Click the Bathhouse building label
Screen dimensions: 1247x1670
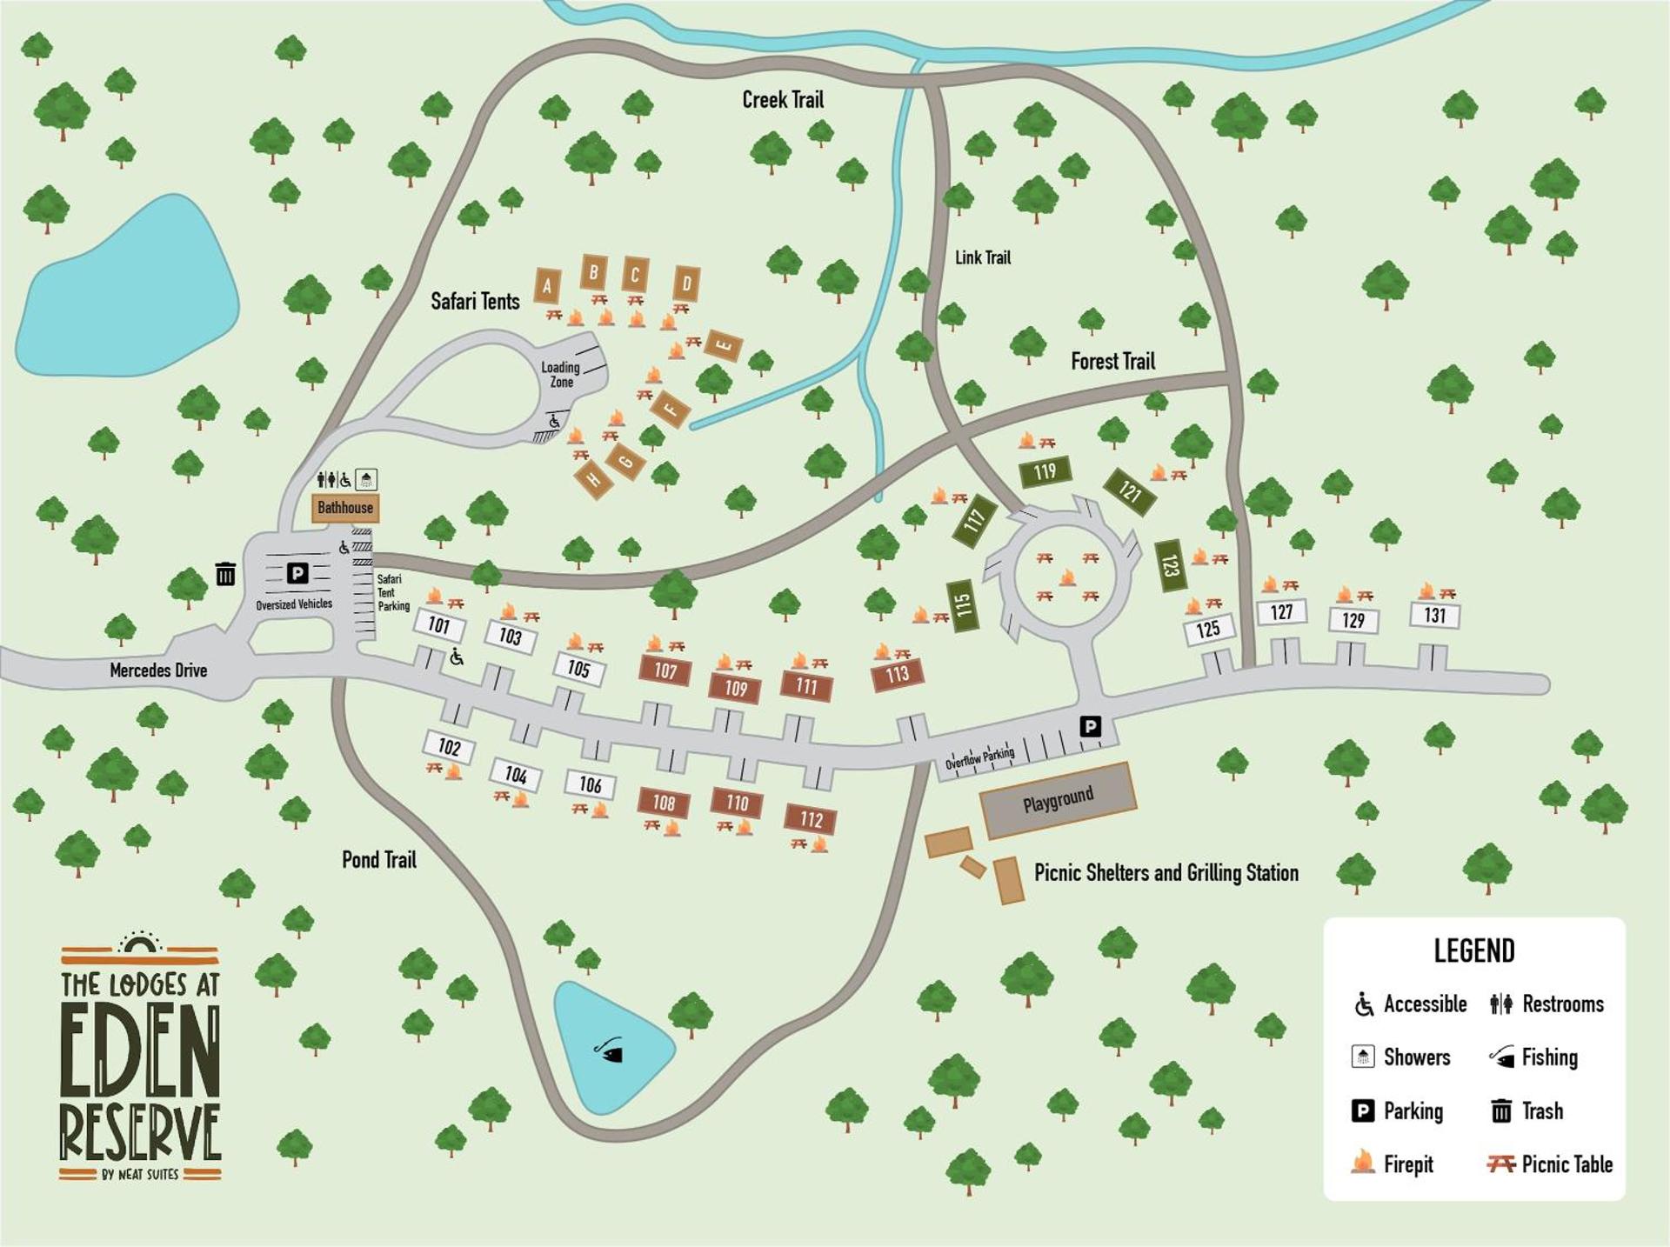(x=345, y=508)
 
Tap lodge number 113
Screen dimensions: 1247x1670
(x=897, y=674)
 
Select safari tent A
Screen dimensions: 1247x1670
(x=547, y=285)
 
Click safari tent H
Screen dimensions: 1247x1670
(x=594, y=479)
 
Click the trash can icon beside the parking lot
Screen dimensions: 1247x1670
(x=225, y=574)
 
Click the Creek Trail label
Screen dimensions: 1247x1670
(x=782, y=100)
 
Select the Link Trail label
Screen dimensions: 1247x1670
(x=983, y=257)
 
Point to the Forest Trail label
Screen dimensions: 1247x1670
(x=1112, y=362)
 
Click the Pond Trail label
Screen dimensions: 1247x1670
(x=378, y=860)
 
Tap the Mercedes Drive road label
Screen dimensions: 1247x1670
(x=158, y=670)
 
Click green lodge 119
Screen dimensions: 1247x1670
(x=1045, y=472)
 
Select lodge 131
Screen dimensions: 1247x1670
(x=1434, y=616)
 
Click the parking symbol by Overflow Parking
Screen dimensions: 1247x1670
(x=1090, y=726)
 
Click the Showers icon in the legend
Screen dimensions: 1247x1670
(x=1363, y=1057)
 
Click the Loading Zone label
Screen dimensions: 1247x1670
(x=561, y=375)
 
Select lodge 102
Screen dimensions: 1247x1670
(x=449, y=747)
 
